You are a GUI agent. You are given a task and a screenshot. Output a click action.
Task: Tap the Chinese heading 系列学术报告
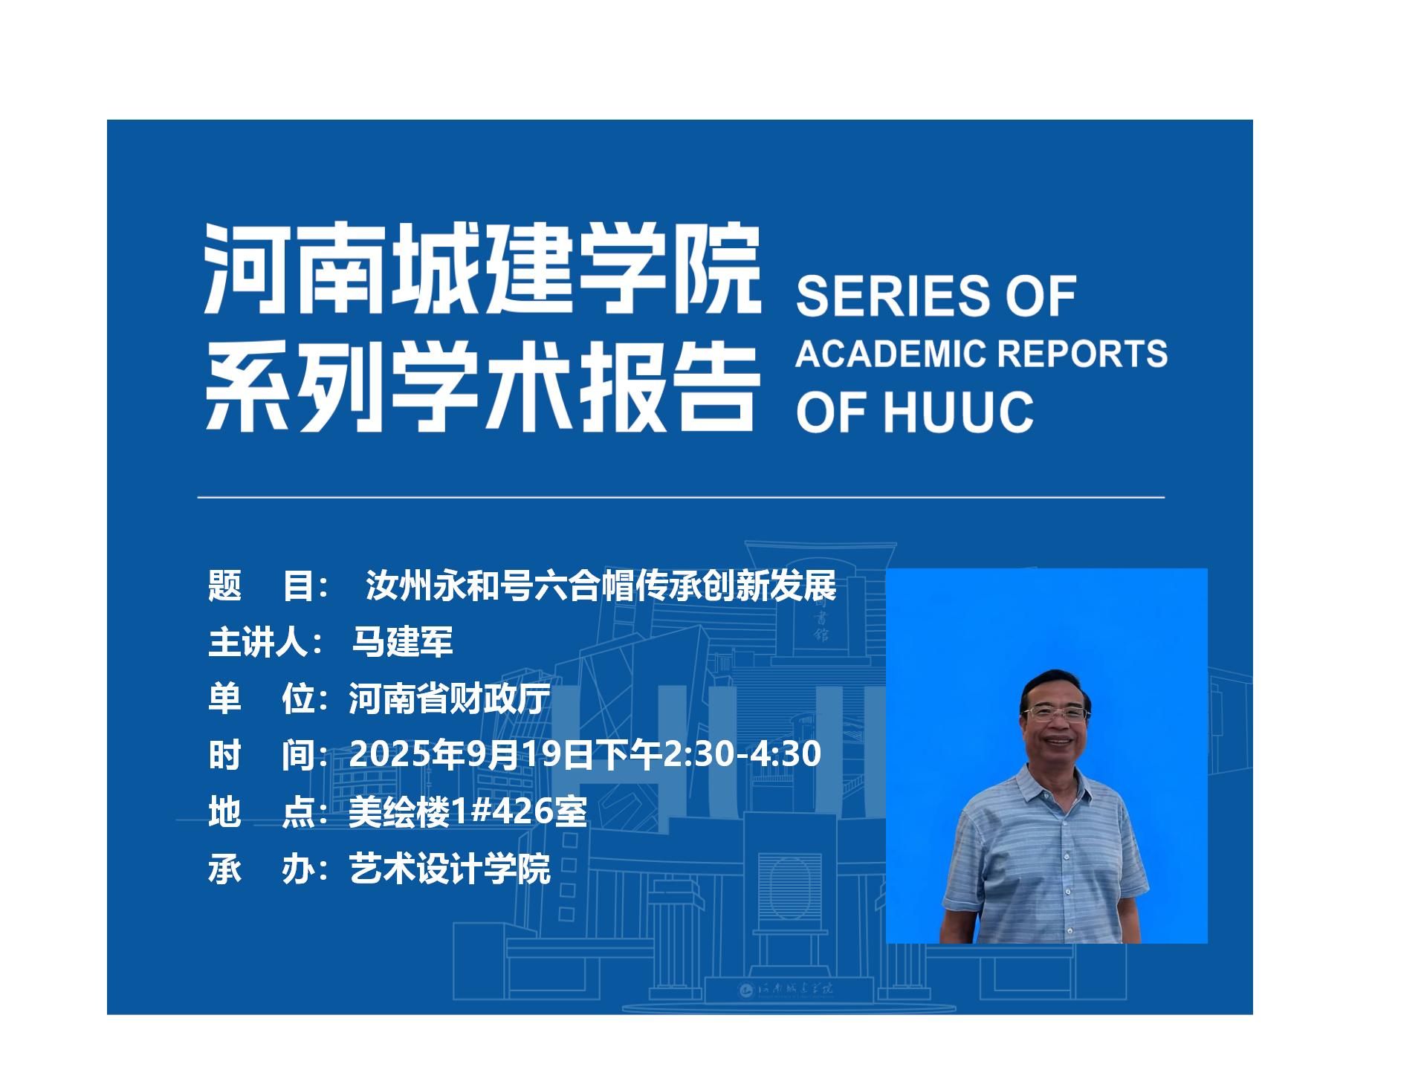(x=483, y=386)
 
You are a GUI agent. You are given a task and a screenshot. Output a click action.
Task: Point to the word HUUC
(x=959, y=412)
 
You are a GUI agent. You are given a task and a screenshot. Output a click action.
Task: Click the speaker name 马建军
(x=402, y=642)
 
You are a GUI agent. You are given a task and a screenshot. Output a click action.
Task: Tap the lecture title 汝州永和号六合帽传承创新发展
(x=601, y=586)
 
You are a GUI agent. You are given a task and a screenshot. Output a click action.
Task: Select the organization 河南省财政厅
(x=450, y=698)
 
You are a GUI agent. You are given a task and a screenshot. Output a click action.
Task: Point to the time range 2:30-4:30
(x=742, y=753)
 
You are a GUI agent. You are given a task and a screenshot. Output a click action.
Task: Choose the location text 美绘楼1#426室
(x=468, y=811)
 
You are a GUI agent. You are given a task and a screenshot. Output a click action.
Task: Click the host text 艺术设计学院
(x=450, y=868)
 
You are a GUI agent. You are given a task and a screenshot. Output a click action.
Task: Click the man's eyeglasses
(x=1055, y=714)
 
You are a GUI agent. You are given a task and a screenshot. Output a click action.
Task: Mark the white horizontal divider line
(x=681, y=496)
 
